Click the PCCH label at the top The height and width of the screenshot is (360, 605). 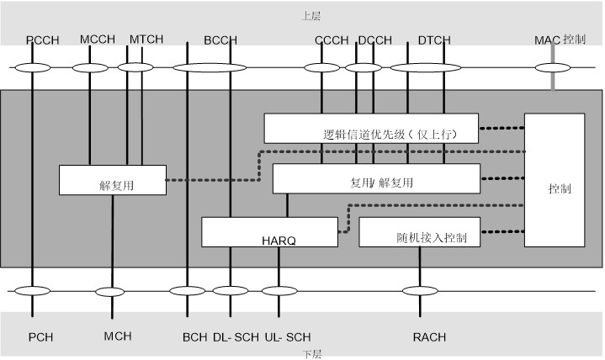41,40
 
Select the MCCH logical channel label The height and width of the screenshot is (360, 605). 97,40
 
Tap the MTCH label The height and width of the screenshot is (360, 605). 146,40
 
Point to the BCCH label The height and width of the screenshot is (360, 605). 220,40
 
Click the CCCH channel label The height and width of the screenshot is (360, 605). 332,40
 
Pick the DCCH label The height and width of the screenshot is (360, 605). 374,40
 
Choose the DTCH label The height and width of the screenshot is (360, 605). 434,40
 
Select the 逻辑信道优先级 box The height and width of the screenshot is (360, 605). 371,129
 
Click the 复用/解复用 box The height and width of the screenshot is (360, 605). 376,179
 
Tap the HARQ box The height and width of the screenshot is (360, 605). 269,232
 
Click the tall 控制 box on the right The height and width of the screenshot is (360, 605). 553,179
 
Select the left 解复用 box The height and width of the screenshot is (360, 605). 112,180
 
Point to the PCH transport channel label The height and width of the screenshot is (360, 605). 40,337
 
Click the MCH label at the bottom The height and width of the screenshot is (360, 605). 118,336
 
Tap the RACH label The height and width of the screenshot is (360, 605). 429,337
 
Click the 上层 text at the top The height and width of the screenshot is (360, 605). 310,15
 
